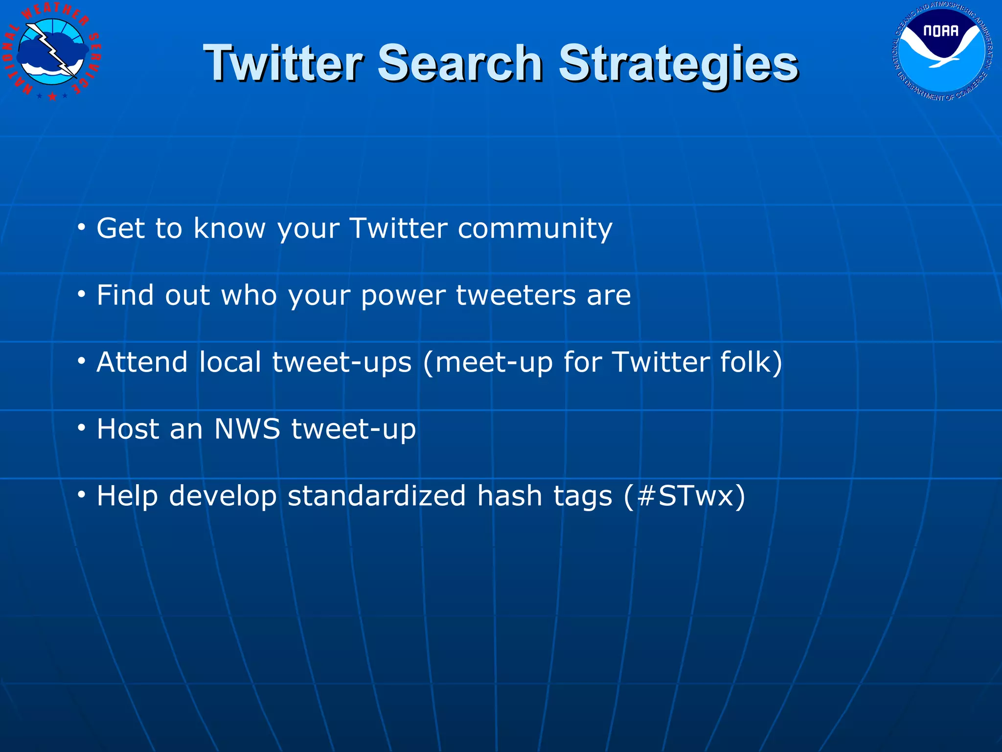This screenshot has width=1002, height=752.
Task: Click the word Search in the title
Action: (x=459, y=64)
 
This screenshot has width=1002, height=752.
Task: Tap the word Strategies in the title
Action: (x=678, y=64)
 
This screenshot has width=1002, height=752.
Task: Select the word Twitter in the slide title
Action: (x=283, y=64)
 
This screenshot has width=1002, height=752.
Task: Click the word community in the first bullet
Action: (x=534, y=228)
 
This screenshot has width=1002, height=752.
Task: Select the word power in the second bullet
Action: (x=403, y=296)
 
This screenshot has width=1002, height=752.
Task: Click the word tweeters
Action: (x=516, y=295)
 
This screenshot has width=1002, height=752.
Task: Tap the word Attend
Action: (x=142, y=362)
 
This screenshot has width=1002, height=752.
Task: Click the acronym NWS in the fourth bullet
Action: (x=247, y=429)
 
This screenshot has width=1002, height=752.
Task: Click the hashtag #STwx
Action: (x=685, y=496)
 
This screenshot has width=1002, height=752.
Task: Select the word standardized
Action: (x=376, y=496)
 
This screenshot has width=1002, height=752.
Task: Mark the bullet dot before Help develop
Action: (x=81, y=495)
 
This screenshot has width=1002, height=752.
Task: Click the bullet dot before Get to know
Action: (x=81, y=227)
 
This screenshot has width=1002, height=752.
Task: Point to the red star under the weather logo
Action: (x=52, y=96)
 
